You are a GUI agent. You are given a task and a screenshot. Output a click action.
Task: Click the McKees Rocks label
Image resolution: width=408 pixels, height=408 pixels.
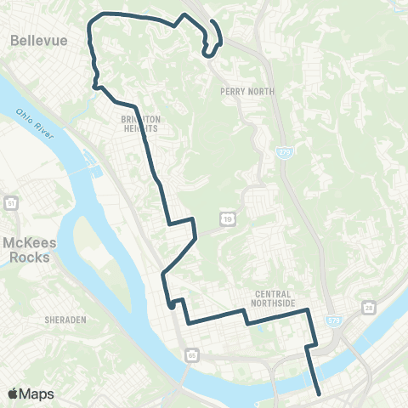click(x=28, y=248)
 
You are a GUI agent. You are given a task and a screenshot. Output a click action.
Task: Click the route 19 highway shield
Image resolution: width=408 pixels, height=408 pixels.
click(x=229, y=218)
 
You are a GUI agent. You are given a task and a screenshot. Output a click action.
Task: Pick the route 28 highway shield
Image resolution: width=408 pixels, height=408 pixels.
click(x=367, y=305)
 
